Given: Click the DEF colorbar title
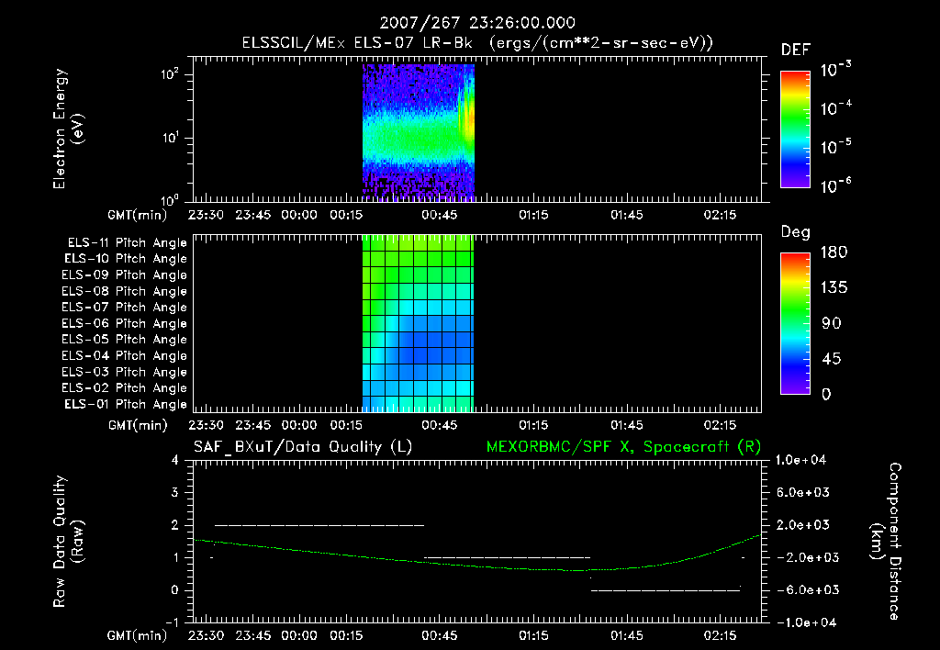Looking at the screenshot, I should [795, 50].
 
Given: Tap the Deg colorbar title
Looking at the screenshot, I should [795, 232].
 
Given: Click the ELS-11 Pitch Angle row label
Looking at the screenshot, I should [126, 242].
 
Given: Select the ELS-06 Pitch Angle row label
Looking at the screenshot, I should [126, 323].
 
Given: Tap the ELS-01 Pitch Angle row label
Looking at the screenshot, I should [126, 404].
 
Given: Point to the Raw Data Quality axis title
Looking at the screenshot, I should [69, 541].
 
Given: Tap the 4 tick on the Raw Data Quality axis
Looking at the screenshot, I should [174, 460].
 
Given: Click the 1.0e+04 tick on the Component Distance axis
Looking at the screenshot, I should [803, 460].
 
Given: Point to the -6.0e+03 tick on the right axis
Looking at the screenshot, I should [803, 589].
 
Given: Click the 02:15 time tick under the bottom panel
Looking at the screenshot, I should [721, 634].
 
